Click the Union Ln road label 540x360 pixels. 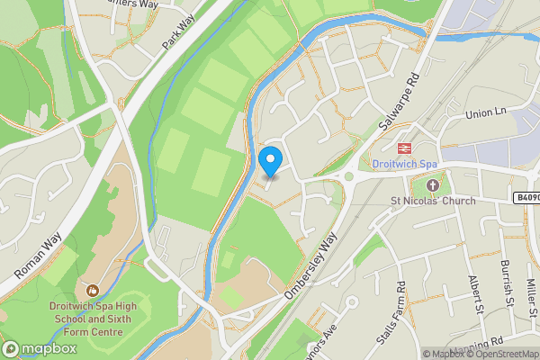[x=487, y=115]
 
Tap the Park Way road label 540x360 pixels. [x=180, y=33]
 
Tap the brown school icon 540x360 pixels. [x=93, y=290]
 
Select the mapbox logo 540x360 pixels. [x=40, y=348]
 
